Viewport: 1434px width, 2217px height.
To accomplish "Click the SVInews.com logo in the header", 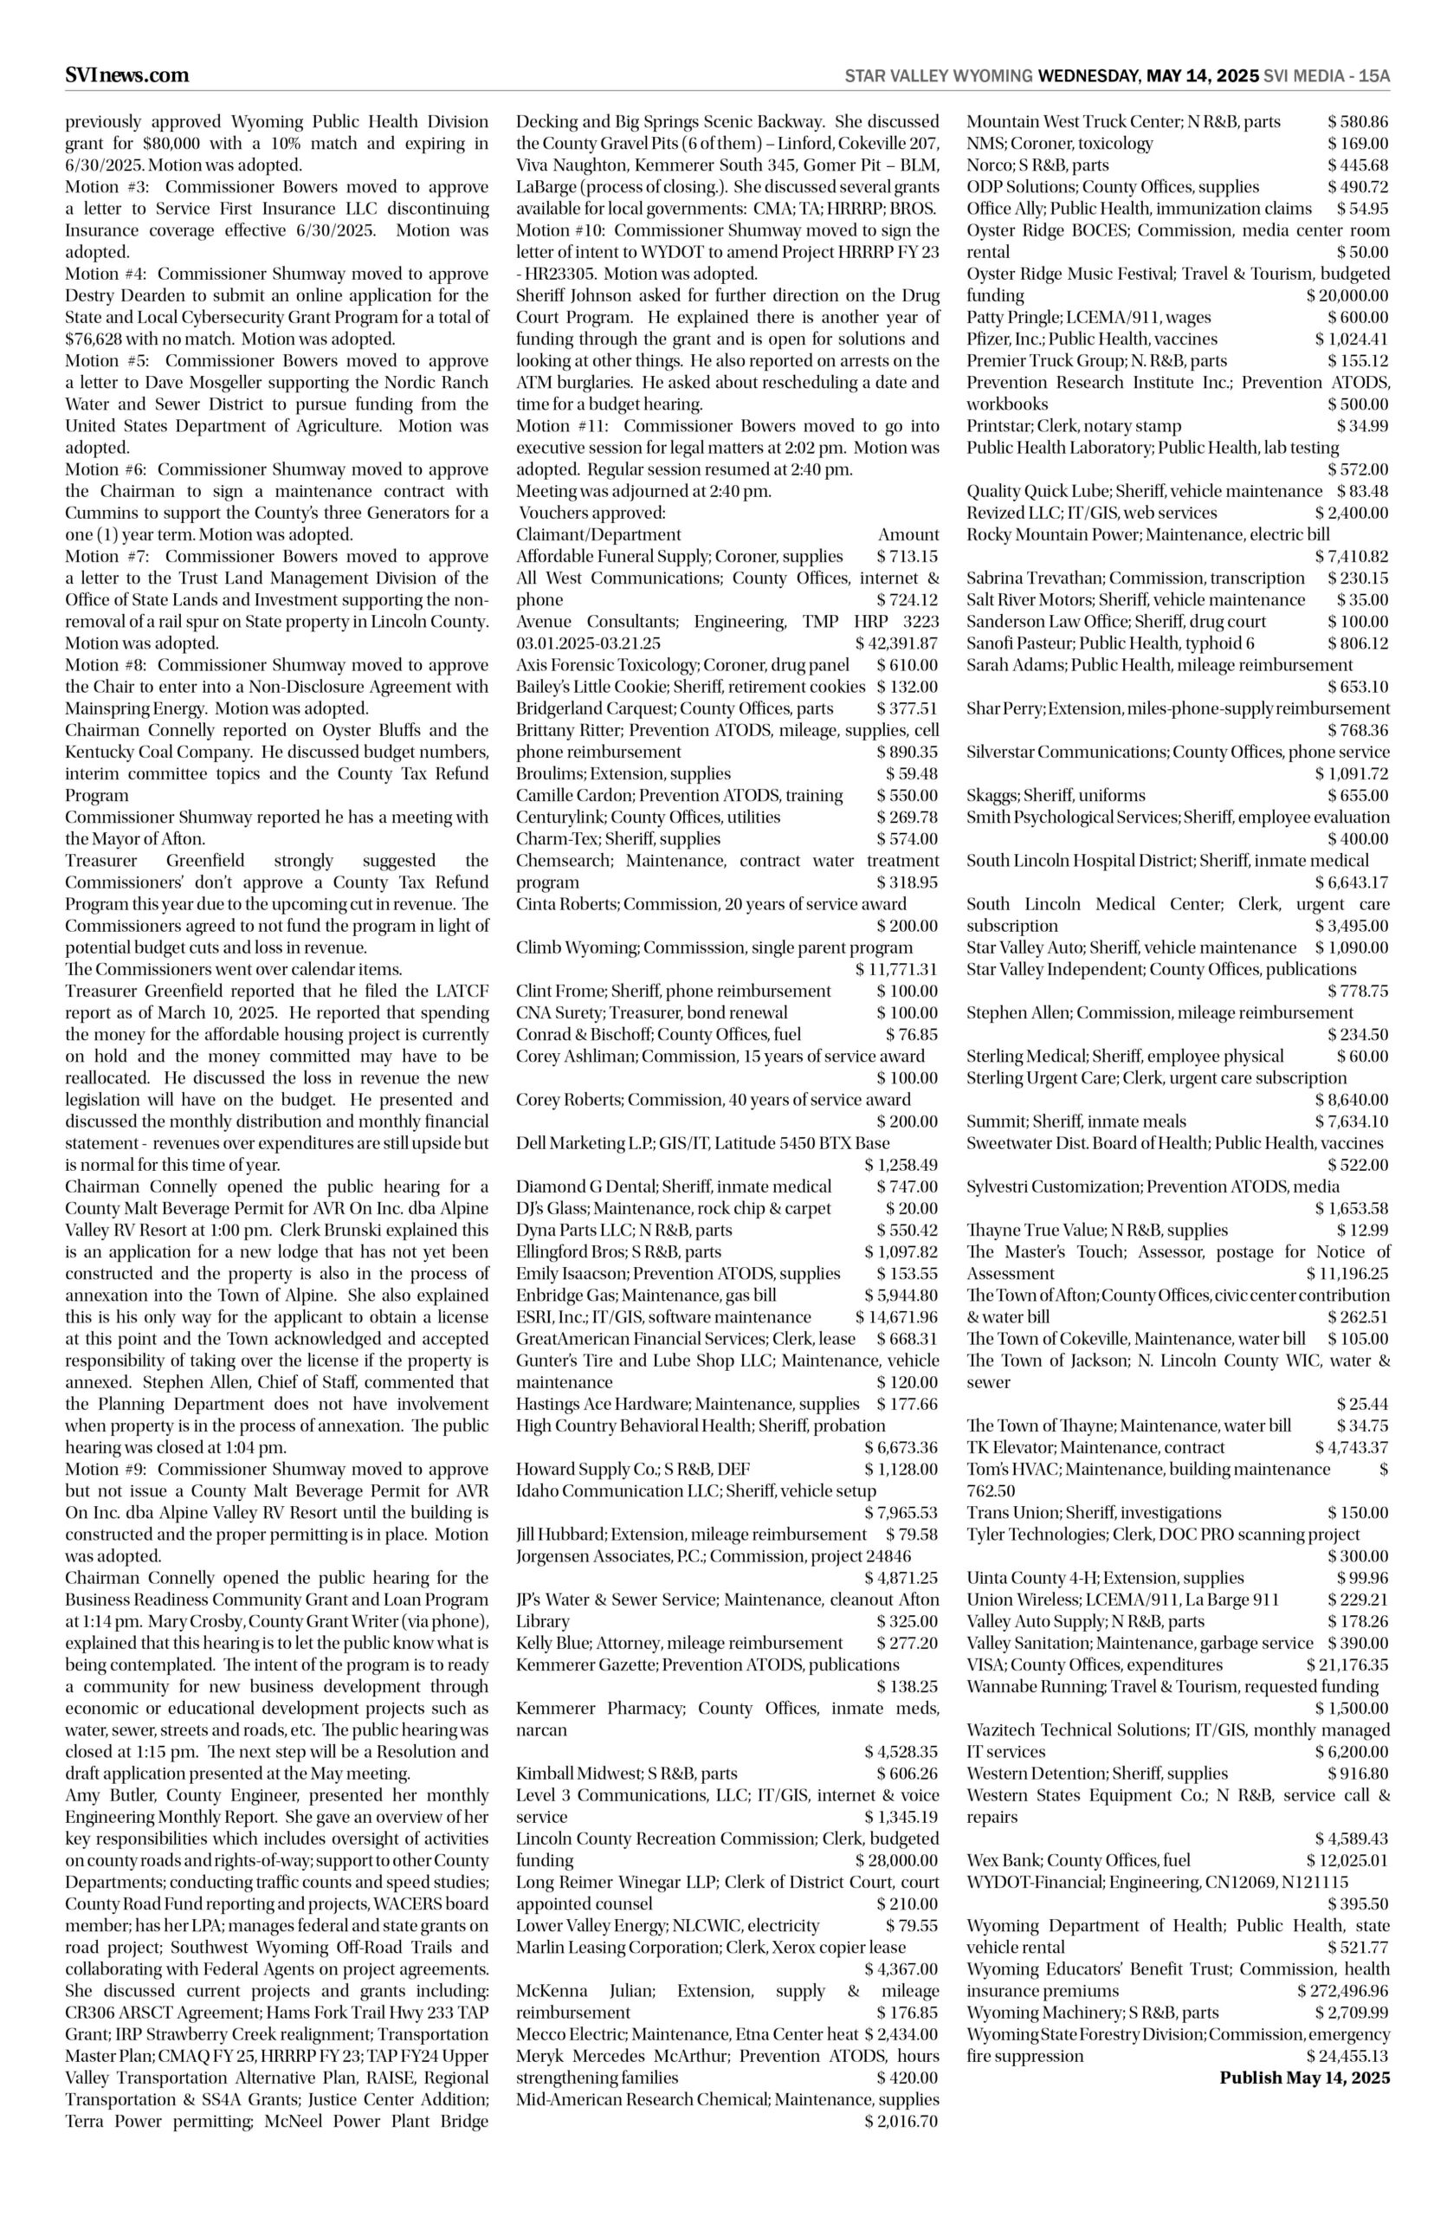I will pos(126,75).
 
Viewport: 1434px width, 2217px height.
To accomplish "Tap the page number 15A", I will pos(1373,76).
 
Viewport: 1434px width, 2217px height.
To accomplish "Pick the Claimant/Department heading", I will pos(597,534).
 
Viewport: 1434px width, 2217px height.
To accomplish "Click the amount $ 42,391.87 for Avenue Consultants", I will pos(895,643).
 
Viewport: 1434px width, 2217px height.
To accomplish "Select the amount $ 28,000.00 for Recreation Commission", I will pos(895,1860).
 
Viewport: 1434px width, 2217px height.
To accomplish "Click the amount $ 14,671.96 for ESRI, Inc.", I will pos(895,1317).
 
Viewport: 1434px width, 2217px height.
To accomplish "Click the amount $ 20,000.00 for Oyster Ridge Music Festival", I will pos(1347,295).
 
